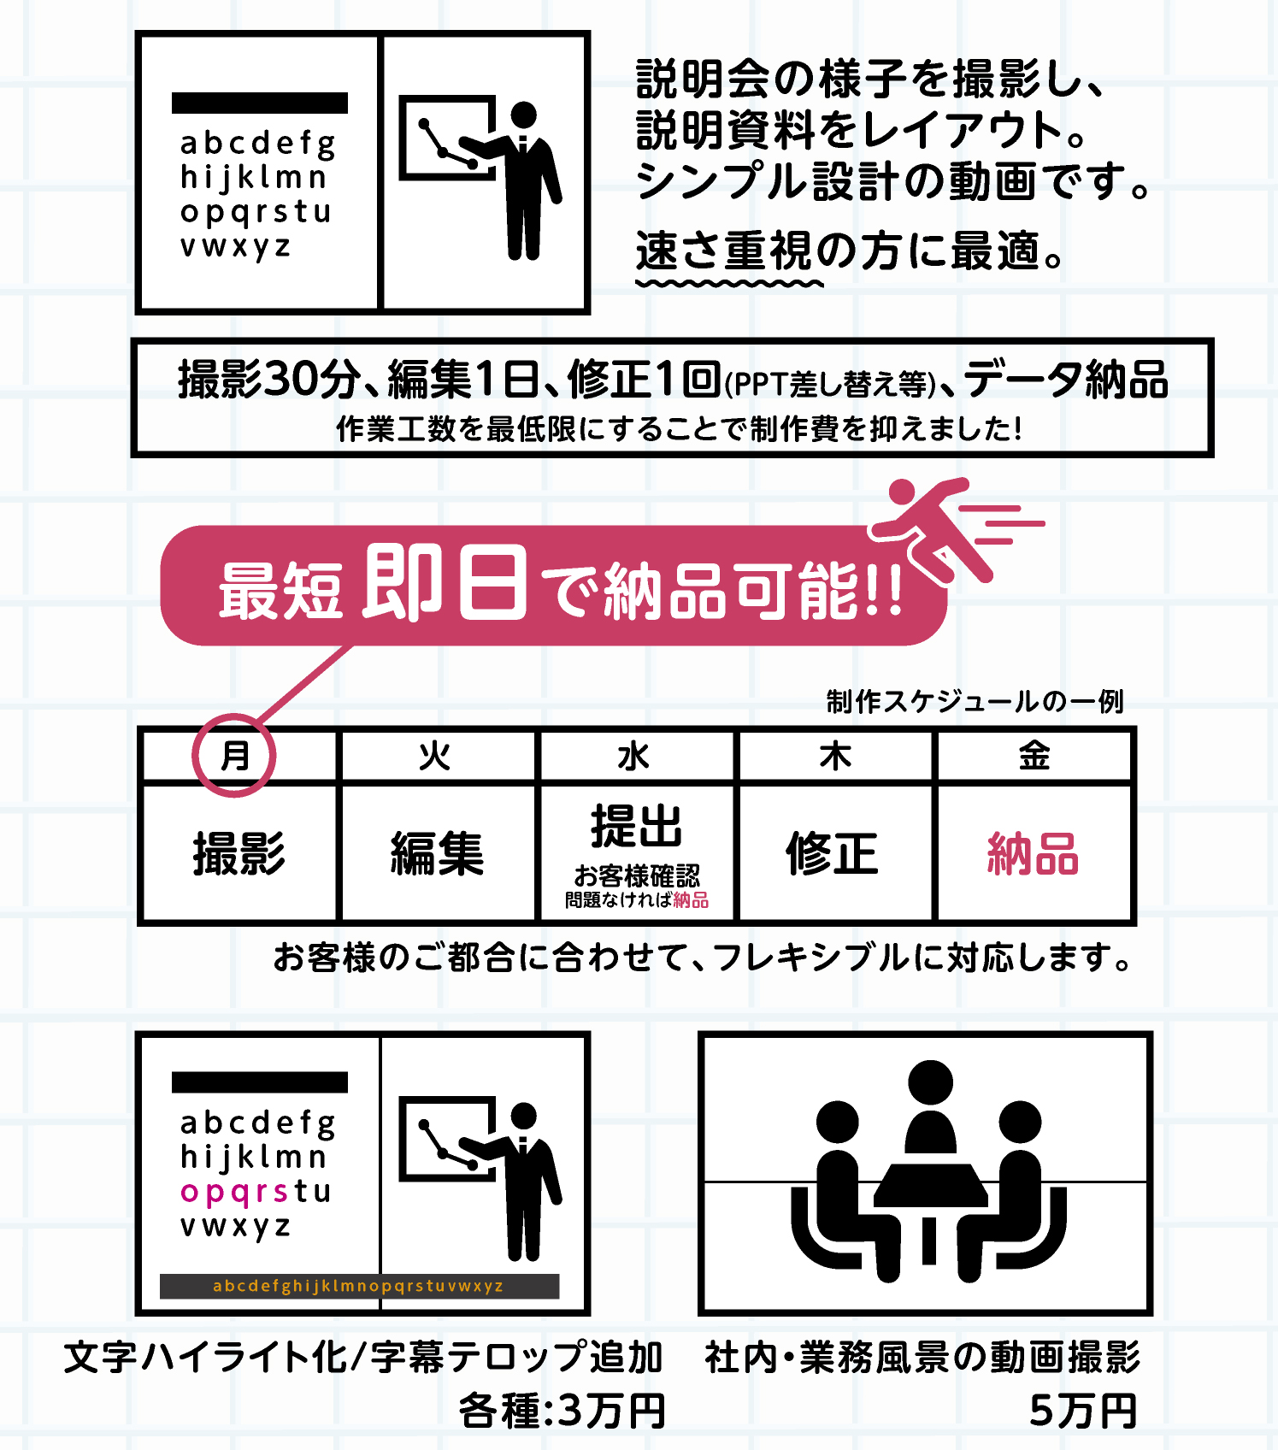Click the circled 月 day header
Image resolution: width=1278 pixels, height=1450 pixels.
(235, 756)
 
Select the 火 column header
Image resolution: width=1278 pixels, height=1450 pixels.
(435, 756)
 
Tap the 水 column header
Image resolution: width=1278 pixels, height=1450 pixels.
(633, 756)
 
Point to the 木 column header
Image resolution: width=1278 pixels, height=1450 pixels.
(835, 756)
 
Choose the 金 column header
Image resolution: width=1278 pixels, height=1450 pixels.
(1034, 756)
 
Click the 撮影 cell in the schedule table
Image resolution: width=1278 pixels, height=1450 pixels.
(239, 853)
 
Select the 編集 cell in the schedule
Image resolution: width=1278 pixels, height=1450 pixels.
(438, 853)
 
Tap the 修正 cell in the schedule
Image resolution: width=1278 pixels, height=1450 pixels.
(833, 853)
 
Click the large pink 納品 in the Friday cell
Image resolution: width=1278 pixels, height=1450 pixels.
(1033, 853)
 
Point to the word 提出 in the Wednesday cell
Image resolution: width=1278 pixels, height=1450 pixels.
(637, 826)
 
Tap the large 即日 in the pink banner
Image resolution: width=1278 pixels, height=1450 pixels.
(445, 583)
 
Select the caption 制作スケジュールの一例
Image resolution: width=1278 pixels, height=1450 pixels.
(975, 702)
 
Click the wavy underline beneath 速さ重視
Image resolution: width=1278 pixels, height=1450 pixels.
(729, 283)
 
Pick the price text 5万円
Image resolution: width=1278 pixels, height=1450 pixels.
(1083, 1410)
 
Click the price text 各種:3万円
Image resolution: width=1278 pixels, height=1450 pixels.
(562, 1410)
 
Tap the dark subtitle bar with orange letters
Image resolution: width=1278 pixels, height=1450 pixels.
(359, 1286)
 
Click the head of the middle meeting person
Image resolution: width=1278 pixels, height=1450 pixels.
(930, 1082)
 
